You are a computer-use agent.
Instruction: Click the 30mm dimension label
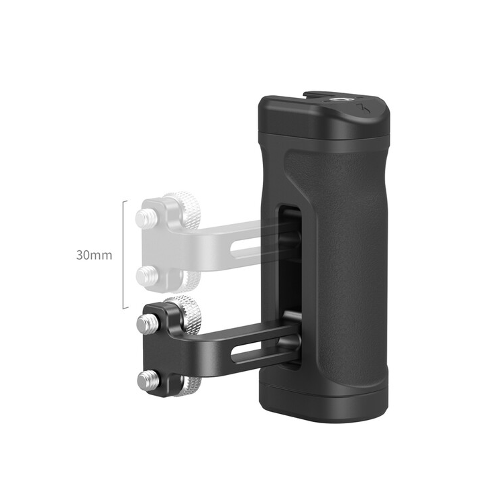point(93,256)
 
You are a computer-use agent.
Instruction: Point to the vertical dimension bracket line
point(123,255)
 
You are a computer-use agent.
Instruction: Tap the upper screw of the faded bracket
point(144,217)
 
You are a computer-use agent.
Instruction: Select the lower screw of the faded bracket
point(144,274)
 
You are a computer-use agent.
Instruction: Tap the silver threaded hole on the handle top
point(334,105)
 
